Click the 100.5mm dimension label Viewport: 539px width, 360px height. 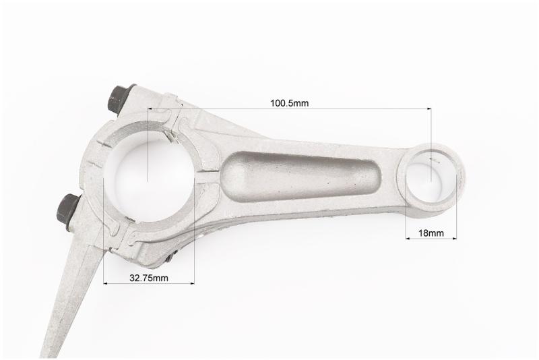click(x=289, y=102)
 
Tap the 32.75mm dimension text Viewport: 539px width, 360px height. click(x=149, y=278)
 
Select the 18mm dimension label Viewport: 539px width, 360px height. click(x=431, y=233)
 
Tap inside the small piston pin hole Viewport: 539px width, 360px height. click(x=431, y=177)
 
